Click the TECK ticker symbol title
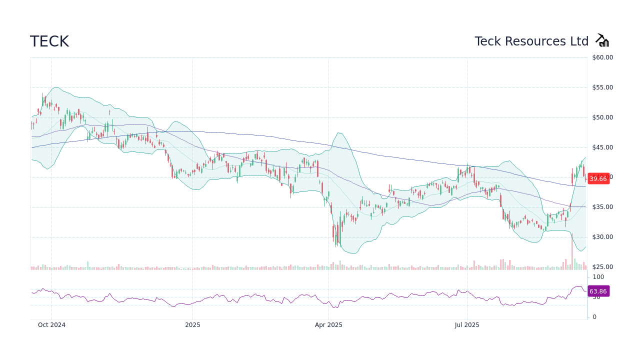click(49, 41)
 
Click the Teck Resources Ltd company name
click(531, 41)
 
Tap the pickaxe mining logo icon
click(602, 40)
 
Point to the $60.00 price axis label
click(602, 57)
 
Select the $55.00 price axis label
click(602, 87)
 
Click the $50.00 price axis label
click(602, 117)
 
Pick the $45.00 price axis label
click(602, 147)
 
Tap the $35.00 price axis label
click(602, 207)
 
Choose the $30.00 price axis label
click(602, 237)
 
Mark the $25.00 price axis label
click(602, 267)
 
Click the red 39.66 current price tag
click(598, 178)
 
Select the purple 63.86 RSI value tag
click(598, 291)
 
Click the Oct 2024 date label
click(51, 325)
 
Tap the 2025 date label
click(192, 325)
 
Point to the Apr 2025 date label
click(328, 325)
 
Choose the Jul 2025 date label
click(467, 325)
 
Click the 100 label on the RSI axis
click(598, 277)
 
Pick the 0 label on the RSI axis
click(594, 317)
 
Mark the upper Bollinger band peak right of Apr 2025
click(339, 133)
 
